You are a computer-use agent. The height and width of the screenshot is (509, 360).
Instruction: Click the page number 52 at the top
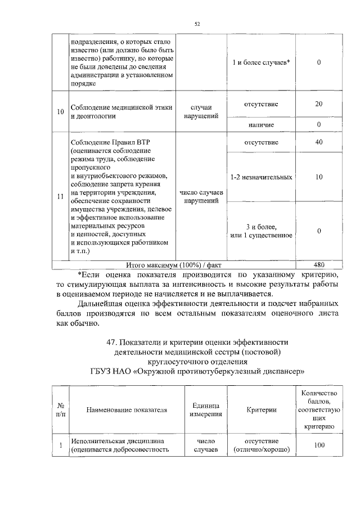pos(197,24)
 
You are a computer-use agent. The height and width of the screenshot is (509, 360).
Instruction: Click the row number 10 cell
pos(60,112)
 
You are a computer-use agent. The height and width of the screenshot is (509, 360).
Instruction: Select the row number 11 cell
pos(60,196)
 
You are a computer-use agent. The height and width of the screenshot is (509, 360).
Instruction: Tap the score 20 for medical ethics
pos(318,104)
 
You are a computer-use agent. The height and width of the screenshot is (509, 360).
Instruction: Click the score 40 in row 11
pos(318,142)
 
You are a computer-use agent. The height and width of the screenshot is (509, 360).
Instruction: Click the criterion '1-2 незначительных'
pos(262,177)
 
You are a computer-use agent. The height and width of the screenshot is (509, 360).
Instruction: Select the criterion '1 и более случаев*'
pos(262,62)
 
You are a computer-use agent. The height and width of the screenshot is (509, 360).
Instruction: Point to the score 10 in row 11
pos(318,177)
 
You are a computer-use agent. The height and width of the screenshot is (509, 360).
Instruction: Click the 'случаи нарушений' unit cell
pos(201,112)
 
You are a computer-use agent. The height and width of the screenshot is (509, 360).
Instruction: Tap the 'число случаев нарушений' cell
pos(201,196)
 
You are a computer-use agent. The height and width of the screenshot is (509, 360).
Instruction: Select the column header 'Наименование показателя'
pos(127,410)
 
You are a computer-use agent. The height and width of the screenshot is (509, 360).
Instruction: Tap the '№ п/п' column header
pos(60,410)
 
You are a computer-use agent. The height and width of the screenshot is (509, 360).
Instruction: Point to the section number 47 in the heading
pos(111,342)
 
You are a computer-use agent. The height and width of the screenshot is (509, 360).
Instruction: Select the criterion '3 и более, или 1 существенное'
pos(262,231)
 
